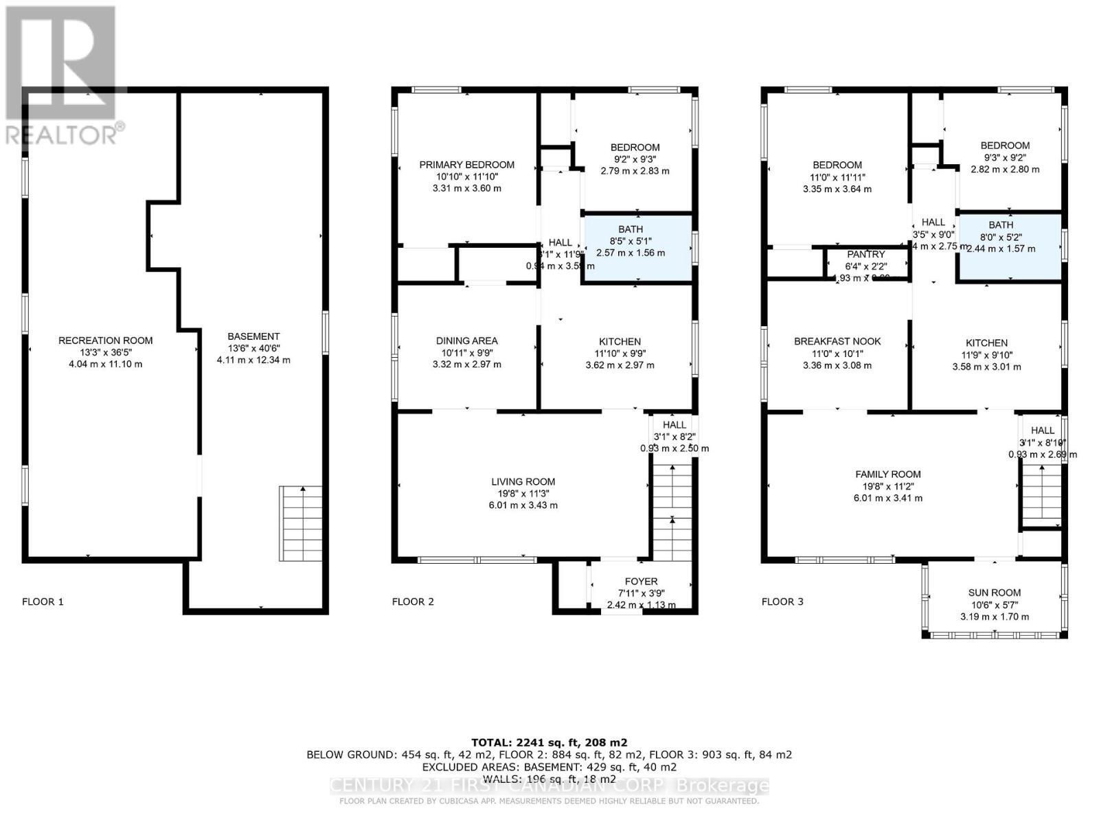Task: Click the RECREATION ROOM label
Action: (x=105, y=341)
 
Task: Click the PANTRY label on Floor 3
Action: (x=865, y=255)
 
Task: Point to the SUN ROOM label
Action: (x=994, y=593)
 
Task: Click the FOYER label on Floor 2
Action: (x=641, y=582)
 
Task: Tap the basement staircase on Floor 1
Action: (x=300, y=523)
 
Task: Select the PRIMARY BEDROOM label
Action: (x=466, y=165)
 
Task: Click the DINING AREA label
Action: (x=466, y=341)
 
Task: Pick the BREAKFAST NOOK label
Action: (x=837, y=341)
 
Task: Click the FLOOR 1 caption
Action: (x=43, y=602)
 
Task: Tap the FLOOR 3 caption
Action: (x=782, y=602)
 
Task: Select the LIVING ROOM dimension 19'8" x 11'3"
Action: (x=523, y=493)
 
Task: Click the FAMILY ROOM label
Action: (x=887, y=474)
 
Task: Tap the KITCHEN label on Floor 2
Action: (x=620, y=341)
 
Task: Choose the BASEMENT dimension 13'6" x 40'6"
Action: (x=253, y=348)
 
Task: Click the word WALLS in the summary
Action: (x=501, y=779)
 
